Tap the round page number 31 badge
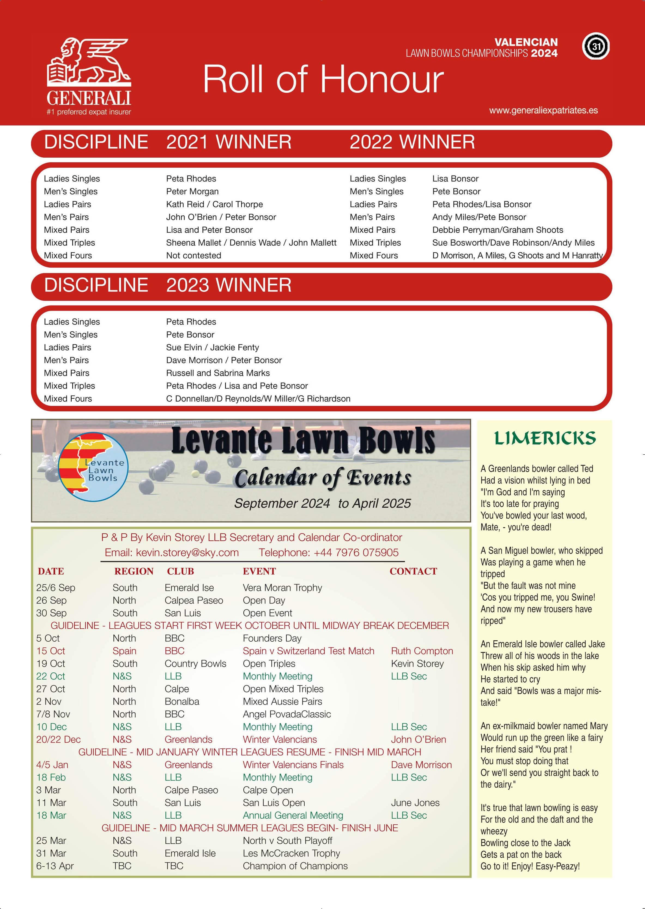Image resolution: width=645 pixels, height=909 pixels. (x=596, y=47)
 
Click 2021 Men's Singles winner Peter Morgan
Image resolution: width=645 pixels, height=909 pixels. (x=192, y=192)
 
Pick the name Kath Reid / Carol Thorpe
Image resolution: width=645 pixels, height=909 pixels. (x=214, y=204)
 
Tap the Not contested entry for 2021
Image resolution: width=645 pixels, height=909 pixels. (x=193, y=256)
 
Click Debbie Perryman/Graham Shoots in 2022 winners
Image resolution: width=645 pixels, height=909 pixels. (x=497, y=230)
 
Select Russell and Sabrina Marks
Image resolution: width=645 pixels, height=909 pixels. (x=218, y=373)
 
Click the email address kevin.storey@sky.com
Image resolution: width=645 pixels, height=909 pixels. (x=187, y=553)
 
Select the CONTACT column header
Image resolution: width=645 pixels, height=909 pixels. (x=413, y=571)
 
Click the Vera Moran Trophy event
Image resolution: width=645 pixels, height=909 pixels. (x=282, y=587)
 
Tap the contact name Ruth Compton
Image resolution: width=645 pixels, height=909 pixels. (x=422, y=651)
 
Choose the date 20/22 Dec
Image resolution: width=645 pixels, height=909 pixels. (x=58, y=740)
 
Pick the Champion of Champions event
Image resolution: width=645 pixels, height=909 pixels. (x=295, y=866)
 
